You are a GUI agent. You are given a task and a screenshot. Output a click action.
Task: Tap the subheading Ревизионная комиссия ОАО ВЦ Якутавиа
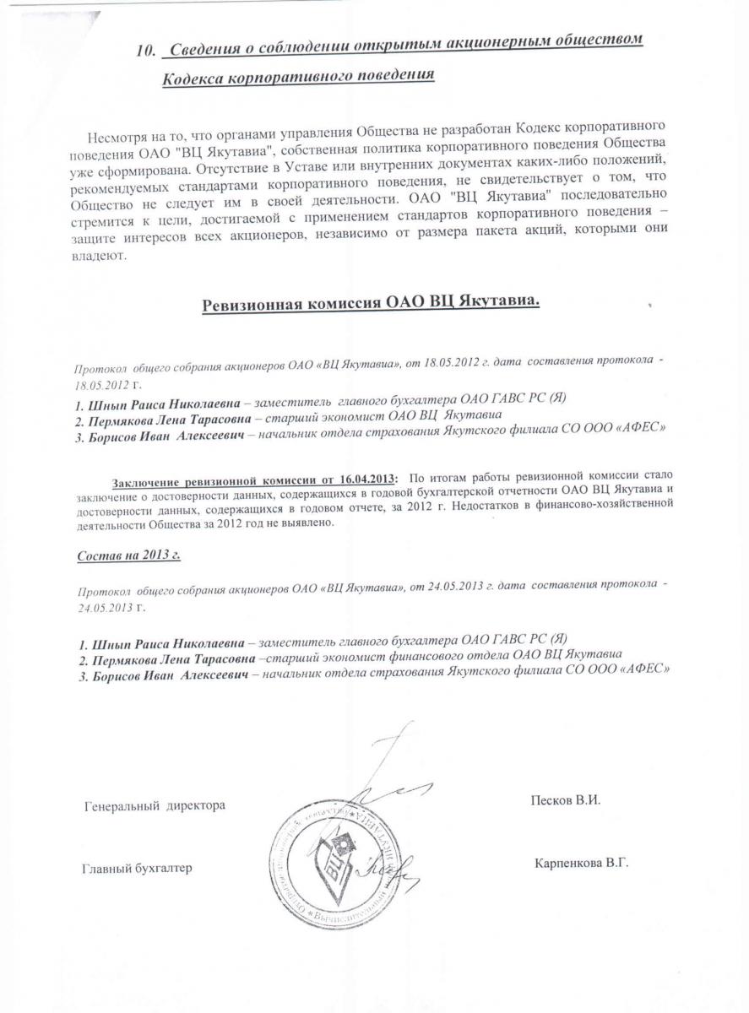click(x=370, y=305)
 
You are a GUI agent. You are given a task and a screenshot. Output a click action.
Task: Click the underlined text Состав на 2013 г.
click(x=128, y=556)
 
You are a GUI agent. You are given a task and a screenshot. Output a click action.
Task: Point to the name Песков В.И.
click(x=565, y=799)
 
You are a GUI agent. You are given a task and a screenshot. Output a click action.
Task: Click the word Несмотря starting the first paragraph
click(x=115, y=138)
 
